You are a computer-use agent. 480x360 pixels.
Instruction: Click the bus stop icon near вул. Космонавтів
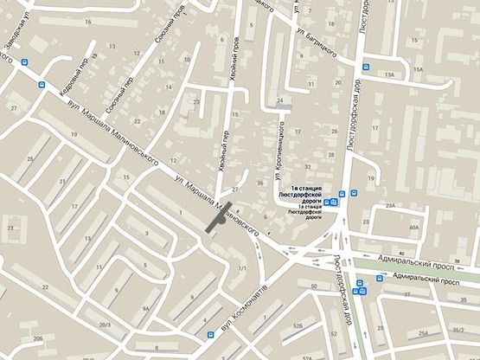click(208, 332)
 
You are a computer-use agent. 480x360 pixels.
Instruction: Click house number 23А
click(391, 205)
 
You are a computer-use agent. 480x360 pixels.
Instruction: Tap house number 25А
click(425, 332)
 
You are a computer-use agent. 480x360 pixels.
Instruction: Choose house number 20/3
click(105, 325)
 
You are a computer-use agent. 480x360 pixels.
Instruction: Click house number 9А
click(147, 307)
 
